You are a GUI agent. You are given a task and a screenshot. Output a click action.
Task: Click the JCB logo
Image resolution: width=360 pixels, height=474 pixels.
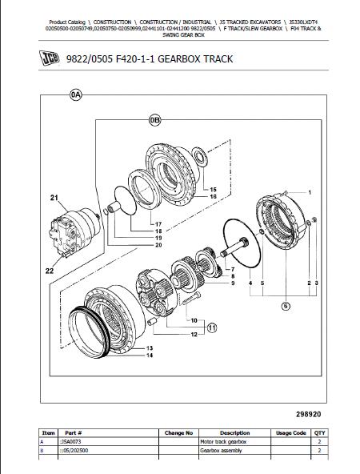click(x=50, y=58)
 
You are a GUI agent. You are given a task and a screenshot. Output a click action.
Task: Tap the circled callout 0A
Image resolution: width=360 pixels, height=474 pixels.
click(x=76, y=95)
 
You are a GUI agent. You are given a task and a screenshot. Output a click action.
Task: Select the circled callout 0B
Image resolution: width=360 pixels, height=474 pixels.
click(x=155, y=121)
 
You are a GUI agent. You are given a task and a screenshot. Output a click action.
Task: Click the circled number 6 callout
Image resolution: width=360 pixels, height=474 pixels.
click(x=286, y=306)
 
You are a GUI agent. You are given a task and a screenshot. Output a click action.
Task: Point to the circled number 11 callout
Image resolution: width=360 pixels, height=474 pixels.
click(x=212, y=327)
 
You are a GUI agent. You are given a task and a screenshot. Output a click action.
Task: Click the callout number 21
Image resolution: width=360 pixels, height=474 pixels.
click(x=54, y=198)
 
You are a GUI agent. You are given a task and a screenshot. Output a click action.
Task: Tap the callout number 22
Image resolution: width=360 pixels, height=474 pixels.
click(x=50, y=271)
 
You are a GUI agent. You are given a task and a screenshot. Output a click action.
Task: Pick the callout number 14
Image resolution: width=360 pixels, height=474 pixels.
click(x=150, y=355)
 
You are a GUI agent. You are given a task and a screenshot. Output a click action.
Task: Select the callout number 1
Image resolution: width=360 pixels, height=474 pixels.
click(x=310, y=192)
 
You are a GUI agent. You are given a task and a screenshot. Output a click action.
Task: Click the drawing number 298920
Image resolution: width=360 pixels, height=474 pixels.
click(x=308, y=414)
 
